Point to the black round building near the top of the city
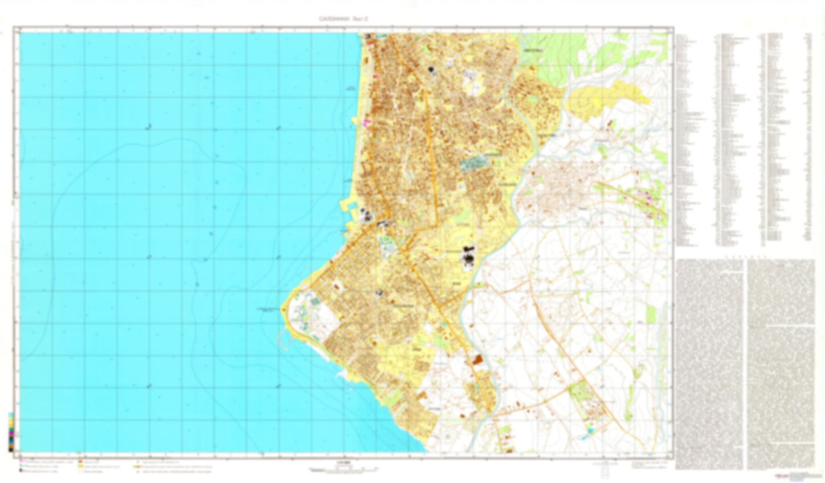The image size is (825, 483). click(431, 70)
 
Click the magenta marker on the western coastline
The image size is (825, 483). click(367, 122)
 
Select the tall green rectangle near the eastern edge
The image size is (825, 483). click(651, 313)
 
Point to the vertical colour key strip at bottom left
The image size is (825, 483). click(11, 432)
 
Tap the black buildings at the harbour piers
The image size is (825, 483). click(367, 215)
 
